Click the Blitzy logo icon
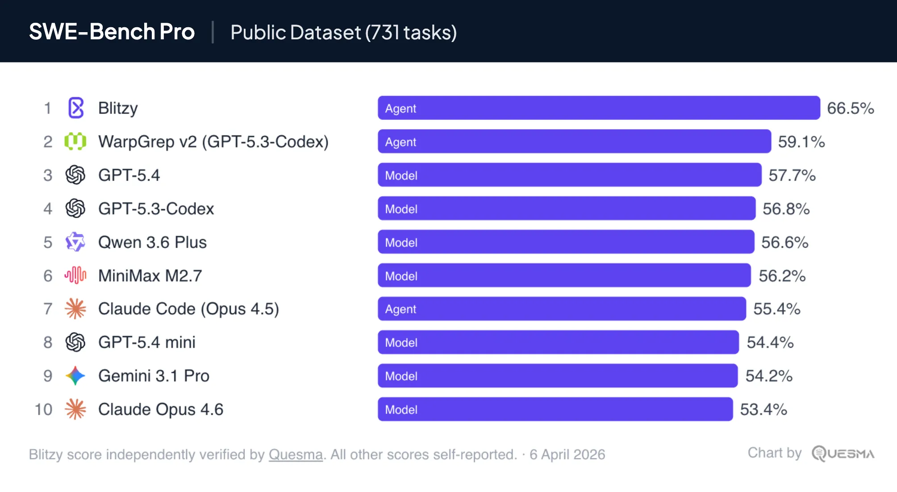[x=76, y=108]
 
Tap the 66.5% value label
[x=850, y=108]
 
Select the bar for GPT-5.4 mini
[x=558, y=342]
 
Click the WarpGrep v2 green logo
[x=75, y=142]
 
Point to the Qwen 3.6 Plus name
[x=152, y=242]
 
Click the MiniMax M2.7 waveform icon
[x=75, y=275]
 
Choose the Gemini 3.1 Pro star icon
[x=75, y=376]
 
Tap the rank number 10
[x=44, y=409]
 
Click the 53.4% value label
[x=763, y=409]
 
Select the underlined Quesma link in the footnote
[x=296, y=454]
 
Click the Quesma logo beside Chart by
[x=843, y=454]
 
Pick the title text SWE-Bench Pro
[x=112, y=32]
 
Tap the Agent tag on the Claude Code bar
[x=401, y=309]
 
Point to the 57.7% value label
[x=792, y=175]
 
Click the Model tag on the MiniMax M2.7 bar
[x=401, y=276]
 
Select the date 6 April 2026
[x=567, y=454]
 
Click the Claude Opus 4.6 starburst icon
[x=75, y=409]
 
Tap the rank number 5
[x=48, y=242]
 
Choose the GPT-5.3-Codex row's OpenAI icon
[x=75, y=208]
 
